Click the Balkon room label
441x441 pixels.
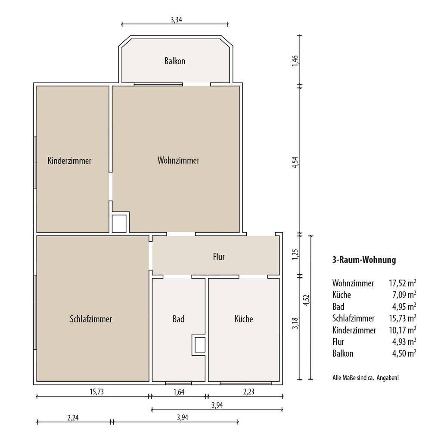tap(175, 61)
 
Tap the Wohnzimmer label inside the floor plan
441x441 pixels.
tap(178, 160)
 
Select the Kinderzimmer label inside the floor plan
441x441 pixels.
tap(69, 161)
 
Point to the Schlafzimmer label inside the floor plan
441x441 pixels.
tap(91, 319)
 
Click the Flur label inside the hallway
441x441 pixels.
tap(219, 257)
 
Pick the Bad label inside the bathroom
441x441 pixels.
tap(179, 319)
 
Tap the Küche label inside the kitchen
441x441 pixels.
tap(244, 319)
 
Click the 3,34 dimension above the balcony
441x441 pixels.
tap(176, 20)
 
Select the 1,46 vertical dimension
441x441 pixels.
tap(295, 61)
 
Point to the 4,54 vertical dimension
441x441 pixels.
tap(295, 162)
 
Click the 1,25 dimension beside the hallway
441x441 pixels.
tap(295, 254)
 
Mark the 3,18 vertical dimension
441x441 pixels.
tap(295, 323)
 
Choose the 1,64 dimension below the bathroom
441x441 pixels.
tap(179, 392)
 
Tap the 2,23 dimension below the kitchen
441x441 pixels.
tap(249, 392)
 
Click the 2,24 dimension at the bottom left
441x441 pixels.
tap(73, 418)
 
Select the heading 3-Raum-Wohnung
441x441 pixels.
tap(364, 260)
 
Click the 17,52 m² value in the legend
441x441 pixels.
tap(403, 283)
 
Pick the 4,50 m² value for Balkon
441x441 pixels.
tap(404, 353)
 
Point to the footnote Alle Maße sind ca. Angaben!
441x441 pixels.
tap(366, 378)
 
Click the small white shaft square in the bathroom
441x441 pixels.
tap(200, 345)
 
